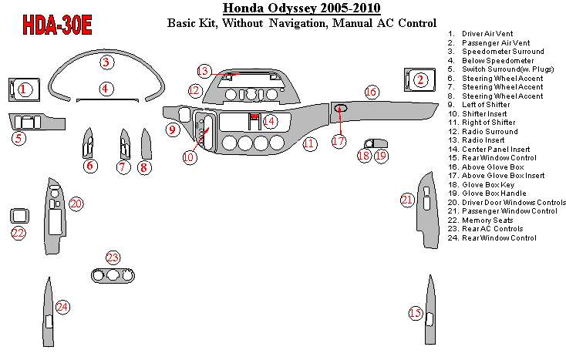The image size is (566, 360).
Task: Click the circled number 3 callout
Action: [106, 62]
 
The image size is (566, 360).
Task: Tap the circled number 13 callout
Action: [203, 71]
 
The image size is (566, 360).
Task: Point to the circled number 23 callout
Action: [113, 258]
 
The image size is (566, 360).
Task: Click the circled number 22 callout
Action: [17, 233]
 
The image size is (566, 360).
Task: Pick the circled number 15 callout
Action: [416, 313]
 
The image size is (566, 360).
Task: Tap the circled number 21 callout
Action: [407, 200]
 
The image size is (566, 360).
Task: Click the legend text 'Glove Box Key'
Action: [487, 185]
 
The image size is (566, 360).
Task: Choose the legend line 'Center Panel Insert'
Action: [495, 150]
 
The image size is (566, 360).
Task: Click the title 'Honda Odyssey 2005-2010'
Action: [302, 9]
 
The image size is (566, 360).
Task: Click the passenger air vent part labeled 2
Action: [410, 80]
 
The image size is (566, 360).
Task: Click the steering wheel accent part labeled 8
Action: [145, 143]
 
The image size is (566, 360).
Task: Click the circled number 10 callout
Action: [189, 157]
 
